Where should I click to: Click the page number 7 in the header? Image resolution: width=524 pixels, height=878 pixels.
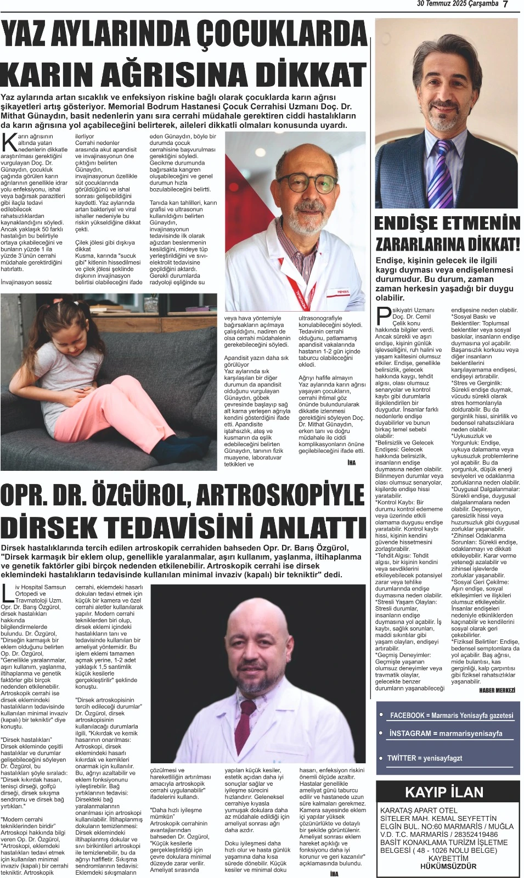click(505, 4)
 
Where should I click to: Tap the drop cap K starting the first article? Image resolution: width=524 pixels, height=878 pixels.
click(9, 142)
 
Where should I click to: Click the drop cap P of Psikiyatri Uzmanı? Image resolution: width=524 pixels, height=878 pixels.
click(383, 316)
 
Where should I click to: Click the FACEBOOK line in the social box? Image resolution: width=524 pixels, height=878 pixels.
click(451, 716)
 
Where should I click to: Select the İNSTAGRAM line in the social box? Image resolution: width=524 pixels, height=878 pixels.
click(445, 734)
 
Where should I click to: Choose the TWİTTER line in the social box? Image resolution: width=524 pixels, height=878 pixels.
click(425, 758)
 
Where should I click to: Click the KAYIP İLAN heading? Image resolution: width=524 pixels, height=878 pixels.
click(444, 792)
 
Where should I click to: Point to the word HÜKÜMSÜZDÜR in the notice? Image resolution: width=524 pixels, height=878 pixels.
click(448, 866)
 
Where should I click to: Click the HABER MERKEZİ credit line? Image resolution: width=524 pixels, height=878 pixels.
click(497, 690)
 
